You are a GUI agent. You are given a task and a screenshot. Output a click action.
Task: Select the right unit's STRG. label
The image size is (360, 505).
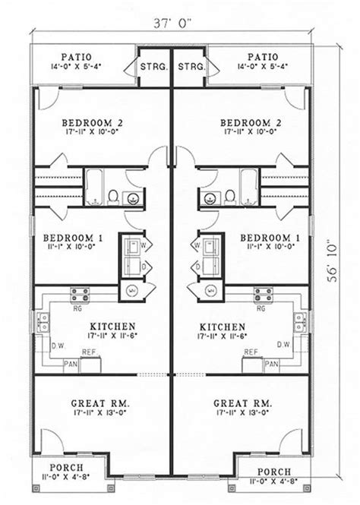(x=191, y=68)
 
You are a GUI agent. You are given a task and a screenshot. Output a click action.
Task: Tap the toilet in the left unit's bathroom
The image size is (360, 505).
(x=111, y=197)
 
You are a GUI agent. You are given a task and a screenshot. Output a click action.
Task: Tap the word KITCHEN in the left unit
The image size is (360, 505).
(x=103, y=324)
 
